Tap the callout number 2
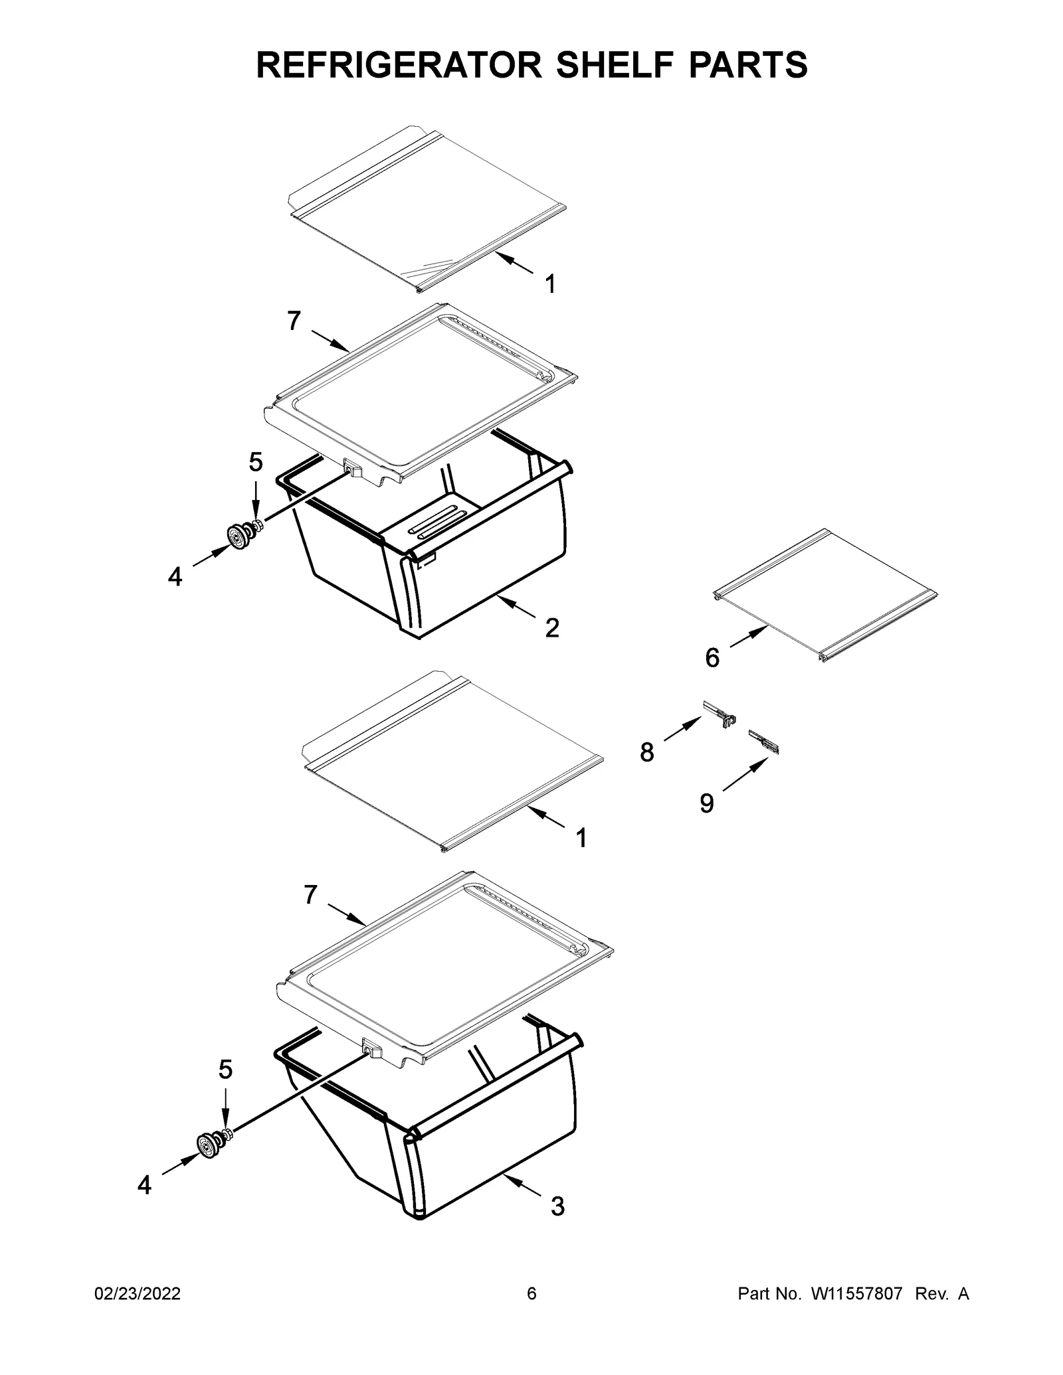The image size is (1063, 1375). (552, 627)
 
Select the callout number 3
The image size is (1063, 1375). (558, 1206)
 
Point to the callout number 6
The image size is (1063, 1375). (712, 658)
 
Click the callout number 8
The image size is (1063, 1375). (647, 753)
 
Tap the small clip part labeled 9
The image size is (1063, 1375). (764, 742)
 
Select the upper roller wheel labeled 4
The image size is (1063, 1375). (237, 536)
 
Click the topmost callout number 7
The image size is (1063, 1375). (294, 321)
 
